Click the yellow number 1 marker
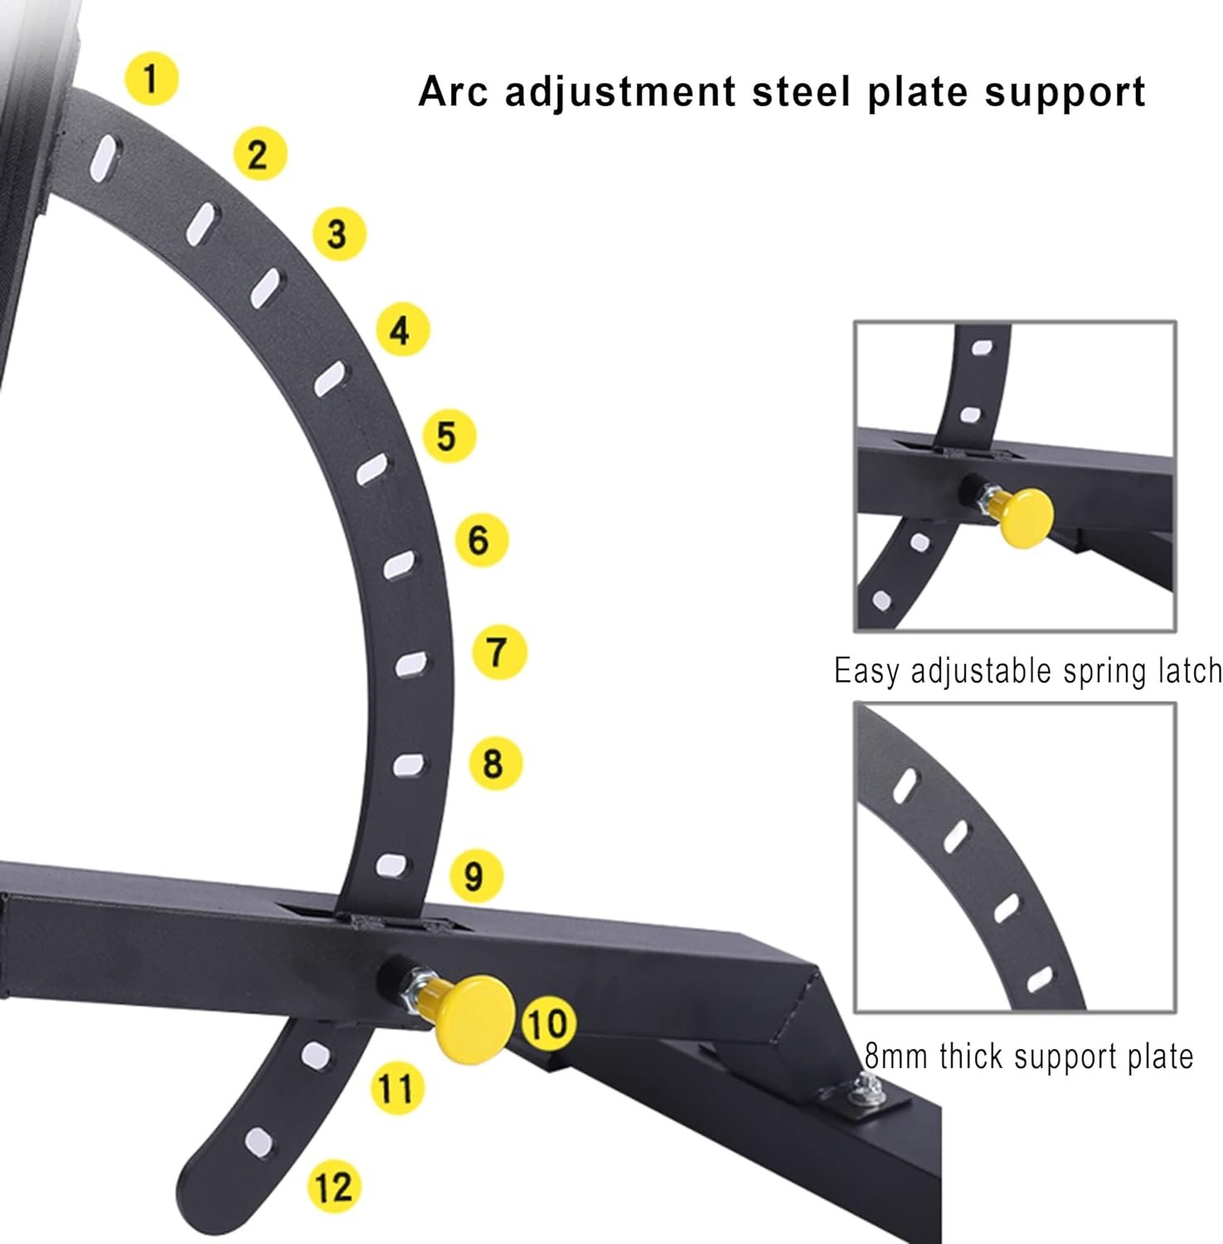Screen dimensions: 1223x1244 (151, 79)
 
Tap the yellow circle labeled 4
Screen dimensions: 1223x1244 (402, 330)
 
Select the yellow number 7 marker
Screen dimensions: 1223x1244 (499, 653)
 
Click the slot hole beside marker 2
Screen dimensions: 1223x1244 (201, 224)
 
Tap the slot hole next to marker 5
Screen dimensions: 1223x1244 (372, 469)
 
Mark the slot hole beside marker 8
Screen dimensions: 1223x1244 (409, 765)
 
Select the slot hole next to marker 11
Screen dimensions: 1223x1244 (315, 1055)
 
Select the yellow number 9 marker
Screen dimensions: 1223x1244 (474, 876)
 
